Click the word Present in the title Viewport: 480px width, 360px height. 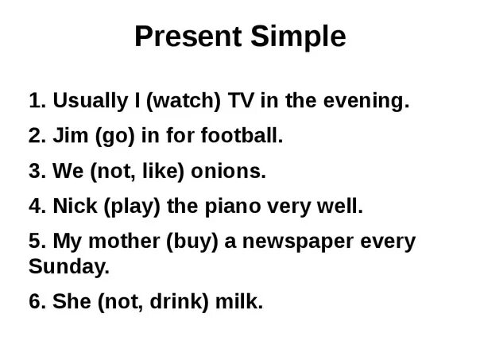(x=188, y=36)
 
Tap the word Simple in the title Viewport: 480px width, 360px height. (x=298, y=37)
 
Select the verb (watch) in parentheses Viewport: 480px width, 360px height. (x=184, y=101)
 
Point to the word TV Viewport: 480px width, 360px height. (x=241, y=100)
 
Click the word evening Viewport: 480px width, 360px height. (x=366, y=102)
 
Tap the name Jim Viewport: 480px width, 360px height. (x=71, y=135)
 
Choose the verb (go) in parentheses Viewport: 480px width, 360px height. (x=114, y=136)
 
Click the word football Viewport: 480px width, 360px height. (x=242, y=135)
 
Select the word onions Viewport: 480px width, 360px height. (x=228, y=171)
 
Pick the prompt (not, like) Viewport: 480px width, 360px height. (x=137, y=172)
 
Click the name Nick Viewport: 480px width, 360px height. (x=75, y=206)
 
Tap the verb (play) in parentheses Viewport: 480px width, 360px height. (x=132, y=207)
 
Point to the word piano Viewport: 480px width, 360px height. (x=233, y=207)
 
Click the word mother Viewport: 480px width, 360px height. (x=124, y=242)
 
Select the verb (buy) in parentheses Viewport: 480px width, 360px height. (x=192, y=242)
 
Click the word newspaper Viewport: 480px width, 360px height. (x=298, y=242)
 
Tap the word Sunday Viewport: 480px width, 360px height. (x=69, y=267)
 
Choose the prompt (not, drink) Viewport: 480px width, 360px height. (x=153, y=302)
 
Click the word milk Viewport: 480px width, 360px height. (x=239, y=301)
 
